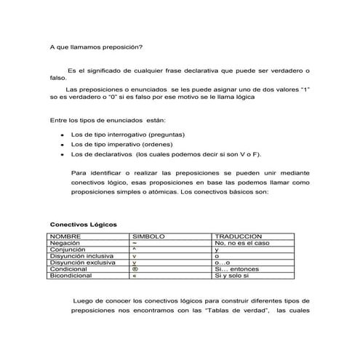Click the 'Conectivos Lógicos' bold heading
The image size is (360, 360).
tap(83, 225)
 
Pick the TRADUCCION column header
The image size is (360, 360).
tap(237, 237)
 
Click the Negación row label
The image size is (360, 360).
tap(65, 244)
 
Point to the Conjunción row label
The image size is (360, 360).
tap(68, 250)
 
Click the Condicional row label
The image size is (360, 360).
tap(68, 270)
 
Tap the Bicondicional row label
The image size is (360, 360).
tap(71, 276)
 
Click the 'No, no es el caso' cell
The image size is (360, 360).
tap(243, 244)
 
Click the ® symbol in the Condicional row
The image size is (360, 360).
tap(135, 270)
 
